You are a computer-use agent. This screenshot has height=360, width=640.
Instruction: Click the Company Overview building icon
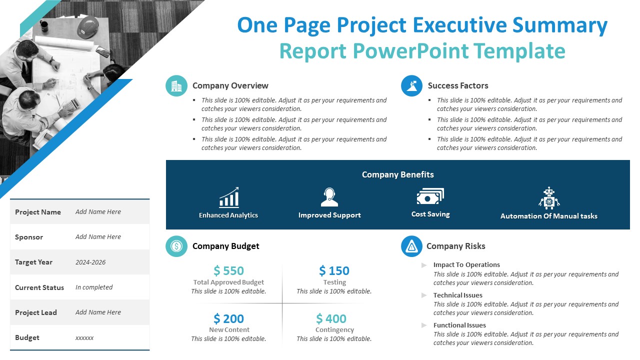click(x=176, y=86)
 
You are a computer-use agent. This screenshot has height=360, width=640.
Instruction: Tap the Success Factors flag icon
click(x=411, y=86)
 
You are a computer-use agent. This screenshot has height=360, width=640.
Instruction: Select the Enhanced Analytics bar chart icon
click(x=229, y=197)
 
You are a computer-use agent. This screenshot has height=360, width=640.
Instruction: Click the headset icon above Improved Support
click(x=329, y=197)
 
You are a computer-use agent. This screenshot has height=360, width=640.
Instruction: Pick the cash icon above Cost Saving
click(x=430, y=196)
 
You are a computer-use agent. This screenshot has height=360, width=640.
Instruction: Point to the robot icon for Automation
click(x=549, y=198)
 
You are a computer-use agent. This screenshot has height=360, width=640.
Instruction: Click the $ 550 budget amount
click(x=228, y=271)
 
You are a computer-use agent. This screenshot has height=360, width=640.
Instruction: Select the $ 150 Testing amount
click(x=334, y=271)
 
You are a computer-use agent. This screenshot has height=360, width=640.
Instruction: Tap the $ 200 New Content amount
click(x=228, y=318)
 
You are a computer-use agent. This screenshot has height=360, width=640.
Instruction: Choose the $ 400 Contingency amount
click(x=331, y=318)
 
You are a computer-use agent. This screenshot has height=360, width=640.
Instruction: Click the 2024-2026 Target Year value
click(x=90, y=262)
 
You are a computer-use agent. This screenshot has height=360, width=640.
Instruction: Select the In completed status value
click(x=94, y=287)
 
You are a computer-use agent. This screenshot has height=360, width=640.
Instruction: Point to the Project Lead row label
click(x=35, y=312)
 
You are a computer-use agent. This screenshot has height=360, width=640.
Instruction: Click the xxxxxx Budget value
click(x=84, y=337)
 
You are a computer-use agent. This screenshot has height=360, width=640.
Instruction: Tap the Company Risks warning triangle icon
click(x=411, y=246)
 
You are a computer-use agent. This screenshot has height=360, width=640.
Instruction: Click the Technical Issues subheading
click(x=457, y=295)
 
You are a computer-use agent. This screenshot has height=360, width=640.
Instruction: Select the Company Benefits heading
click(x=397, y=174)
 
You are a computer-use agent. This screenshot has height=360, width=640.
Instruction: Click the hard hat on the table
click(x=88, y=26)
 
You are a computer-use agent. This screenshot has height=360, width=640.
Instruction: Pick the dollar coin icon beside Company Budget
click(x=176, y=246)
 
